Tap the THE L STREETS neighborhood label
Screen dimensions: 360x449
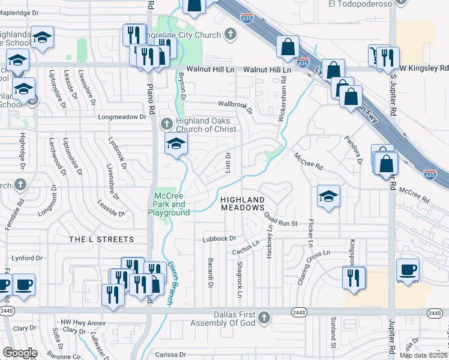click(x=101, y=239)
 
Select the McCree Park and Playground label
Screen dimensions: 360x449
click(x=172, y=205)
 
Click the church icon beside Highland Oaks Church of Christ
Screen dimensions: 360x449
click(x=167, y=125)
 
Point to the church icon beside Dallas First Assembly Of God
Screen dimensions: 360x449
click(x=265, y=316)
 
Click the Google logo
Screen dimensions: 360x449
click(x=20, y=353)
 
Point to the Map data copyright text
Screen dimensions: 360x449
click(x=424, y=355)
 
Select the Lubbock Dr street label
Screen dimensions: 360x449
click(x=220, y=238)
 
